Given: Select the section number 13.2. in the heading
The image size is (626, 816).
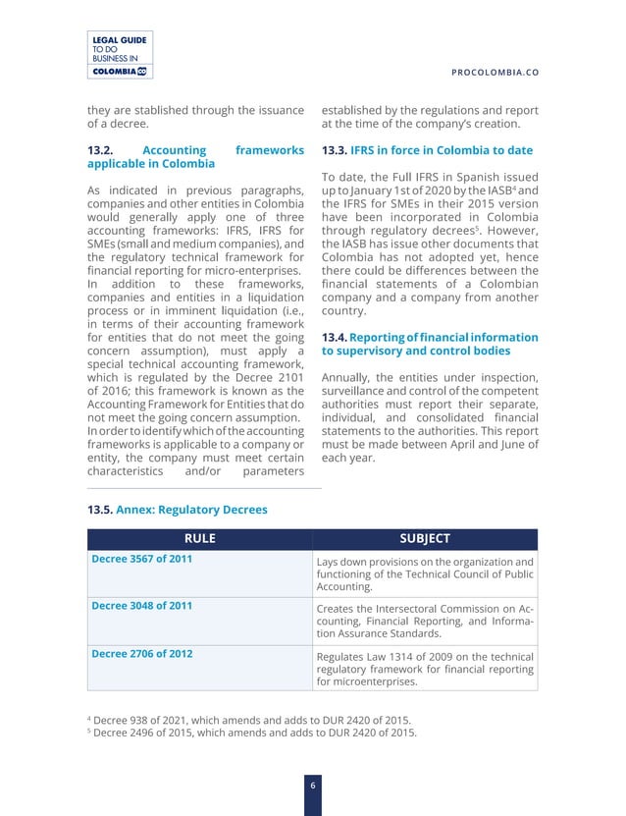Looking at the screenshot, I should (105, 150).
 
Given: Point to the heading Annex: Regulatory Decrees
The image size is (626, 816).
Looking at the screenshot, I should (191, 510).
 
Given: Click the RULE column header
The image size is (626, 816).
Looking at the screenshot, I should (199, 538).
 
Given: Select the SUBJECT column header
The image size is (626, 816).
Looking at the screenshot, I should (425, 538).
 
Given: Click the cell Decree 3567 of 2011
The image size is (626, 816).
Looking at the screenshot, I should (141, 559).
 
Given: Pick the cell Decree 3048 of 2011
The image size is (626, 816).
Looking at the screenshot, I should (141, 606).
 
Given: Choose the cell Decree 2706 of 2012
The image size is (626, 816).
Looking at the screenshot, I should (141, 653).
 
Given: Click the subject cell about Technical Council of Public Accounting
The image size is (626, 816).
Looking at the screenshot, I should (425, 574).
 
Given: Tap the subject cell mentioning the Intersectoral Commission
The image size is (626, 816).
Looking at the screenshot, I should (425, 622).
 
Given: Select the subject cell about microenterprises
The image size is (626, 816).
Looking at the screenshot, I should (425, 669).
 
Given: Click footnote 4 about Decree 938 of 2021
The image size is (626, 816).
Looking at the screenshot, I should (251, 717).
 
